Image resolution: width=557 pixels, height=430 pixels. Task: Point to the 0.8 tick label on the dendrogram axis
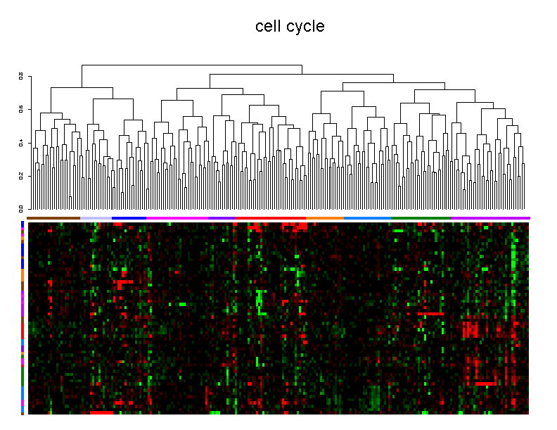click(21, 75)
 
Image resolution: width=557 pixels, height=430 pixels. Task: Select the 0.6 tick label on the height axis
click(21, 108)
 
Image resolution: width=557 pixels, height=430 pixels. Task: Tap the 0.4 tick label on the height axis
click(21, 142)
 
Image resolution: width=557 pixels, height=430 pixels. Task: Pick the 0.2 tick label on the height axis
click(21, 175)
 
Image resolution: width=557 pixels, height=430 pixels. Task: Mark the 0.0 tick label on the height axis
click(21, 208)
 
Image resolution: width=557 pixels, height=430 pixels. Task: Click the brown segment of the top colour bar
click(53, 218)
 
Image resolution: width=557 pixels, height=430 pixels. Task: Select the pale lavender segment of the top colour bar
click(96, 218)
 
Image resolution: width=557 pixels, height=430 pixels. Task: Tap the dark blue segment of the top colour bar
click(129, 218)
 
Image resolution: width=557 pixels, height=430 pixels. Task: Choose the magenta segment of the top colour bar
click(177, 218)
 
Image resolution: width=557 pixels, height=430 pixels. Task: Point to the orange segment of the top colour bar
click(325, 218)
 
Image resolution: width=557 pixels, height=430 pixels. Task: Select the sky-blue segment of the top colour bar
click(366, 218)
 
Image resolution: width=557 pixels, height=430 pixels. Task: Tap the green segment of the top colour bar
click(420, 218)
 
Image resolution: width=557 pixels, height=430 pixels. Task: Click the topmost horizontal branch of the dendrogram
click(191, 65)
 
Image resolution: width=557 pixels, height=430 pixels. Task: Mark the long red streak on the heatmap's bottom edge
click(101, 413)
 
